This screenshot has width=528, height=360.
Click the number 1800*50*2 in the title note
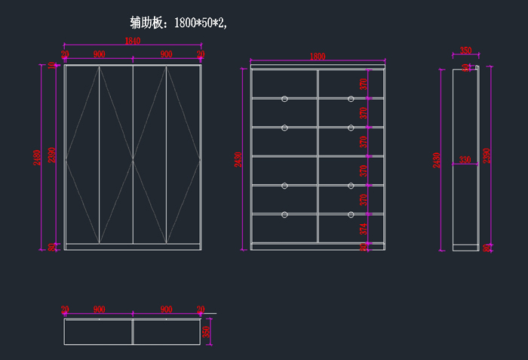tap(200, 23)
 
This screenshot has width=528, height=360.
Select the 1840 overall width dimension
tap(132, 42)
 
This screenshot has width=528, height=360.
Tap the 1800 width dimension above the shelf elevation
tap(317, 57)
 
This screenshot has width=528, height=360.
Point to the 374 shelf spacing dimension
tap(364, 229)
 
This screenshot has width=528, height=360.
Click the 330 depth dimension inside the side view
tap(465, 159)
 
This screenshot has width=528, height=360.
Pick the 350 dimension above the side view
tap(465, 51)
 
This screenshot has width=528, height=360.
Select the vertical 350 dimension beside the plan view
tap(206, 331)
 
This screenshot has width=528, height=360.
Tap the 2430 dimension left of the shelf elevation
tap(239, 159)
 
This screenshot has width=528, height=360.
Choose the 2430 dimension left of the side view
tap(437, 159)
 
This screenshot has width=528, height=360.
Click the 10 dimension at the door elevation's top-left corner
tap(52, 66)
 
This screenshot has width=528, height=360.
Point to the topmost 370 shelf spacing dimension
tap(364, 84)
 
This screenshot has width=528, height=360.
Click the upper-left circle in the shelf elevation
tap(284, 99)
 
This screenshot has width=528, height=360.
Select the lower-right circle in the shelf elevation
tap(351, 215)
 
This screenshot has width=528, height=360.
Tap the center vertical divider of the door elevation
tap(133, 154)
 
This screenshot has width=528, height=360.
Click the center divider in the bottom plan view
tap(133, 331)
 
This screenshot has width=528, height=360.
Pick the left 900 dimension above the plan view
tap(99, 309)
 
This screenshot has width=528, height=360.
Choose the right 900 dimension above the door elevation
tap(166, 54)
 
